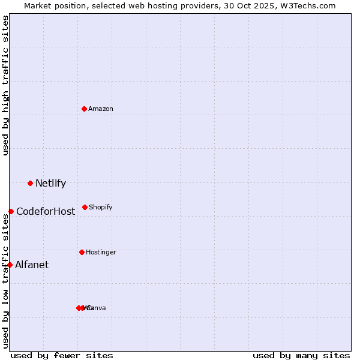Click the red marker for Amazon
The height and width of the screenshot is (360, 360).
coord(84,109)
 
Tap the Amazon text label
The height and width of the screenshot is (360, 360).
coord(100,109)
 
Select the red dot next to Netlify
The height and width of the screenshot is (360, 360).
coord(30,183)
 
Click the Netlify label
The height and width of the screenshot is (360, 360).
coord(50,183)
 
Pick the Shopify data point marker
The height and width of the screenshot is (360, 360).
coord(85,207)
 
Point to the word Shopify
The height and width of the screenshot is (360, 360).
coord(100,207)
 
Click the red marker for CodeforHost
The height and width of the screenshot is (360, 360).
coord(11,211)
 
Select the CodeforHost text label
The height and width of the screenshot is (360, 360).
coord(46,211)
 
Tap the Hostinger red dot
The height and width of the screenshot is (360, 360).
coord(82,252)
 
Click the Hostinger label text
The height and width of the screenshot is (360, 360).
coord(101,252)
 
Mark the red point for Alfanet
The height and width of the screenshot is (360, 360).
coord(10,265)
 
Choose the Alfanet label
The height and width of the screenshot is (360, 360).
coord(32,265)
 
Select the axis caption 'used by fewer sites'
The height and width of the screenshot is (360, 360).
coord(62,355)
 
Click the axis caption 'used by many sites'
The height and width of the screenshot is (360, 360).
coord(301,355)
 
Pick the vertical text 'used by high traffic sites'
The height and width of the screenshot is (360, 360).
coord(5,85)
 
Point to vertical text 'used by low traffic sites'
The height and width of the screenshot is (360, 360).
coord(5,281)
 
